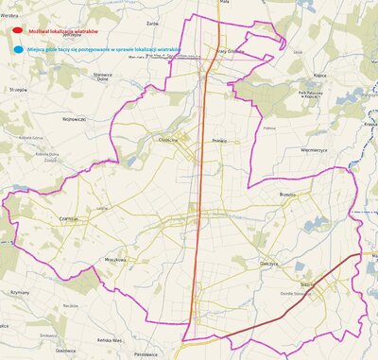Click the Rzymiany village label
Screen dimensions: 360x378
click(x=21, y=293)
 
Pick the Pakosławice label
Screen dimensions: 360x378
click(x=145, y=354)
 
